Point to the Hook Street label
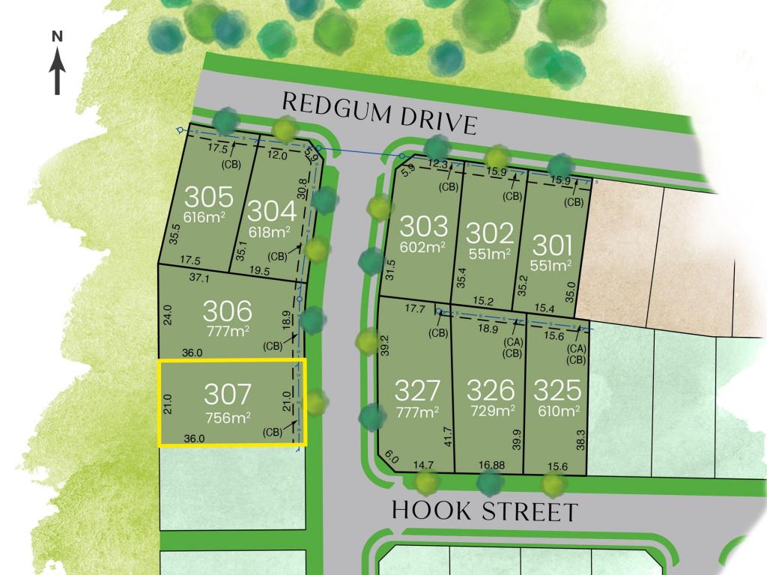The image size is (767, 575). tap(485, 511)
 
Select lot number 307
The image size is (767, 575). tap(228, 395)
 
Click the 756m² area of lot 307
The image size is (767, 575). tap(228, 417)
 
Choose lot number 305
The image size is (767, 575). tap(209, 197)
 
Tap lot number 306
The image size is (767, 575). tap(227, 310)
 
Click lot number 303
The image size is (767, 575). tap(423, 226)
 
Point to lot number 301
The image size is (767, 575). tap(552, 245)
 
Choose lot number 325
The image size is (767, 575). tap(558, 389)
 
